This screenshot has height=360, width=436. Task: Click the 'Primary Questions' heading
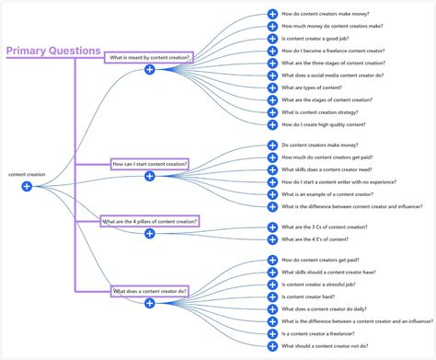(x=53, y=51)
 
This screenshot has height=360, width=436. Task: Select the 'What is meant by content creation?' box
(x=149, y=57)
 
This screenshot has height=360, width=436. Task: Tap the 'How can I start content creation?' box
(x=150, y=164)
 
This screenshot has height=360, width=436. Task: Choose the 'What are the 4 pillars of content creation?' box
(x=150, y=222)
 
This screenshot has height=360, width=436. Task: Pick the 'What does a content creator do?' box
(x=150, y=291)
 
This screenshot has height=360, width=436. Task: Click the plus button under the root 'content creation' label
(x=27, y=186)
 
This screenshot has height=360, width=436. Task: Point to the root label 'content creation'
(x=27, y=174)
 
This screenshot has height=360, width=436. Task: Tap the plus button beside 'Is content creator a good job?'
(x=272, y=40)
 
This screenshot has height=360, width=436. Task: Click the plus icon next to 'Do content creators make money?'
(x=272, y=145)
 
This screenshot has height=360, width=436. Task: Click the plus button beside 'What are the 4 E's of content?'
(x=272, y=239)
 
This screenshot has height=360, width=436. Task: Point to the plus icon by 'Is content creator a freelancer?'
(x=272, y=333)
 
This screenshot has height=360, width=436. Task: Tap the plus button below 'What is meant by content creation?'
(x=149, y=70)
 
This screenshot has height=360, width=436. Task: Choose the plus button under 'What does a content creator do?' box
(x=150, y=304)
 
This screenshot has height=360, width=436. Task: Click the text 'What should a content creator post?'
(x=328, y=345)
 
